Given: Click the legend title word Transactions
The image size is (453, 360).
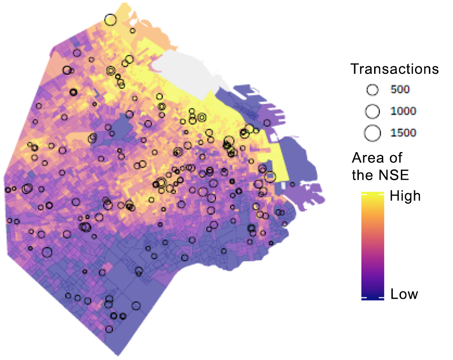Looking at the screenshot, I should (x=395, y=69).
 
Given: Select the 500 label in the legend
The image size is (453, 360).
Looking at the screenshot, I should (x=400, y=90).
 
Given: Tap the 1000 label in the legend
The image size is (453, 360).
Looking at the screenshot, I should (x=403, y=111).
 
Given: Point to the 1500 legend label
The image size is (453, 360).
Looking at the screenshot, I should (x=403, y=133).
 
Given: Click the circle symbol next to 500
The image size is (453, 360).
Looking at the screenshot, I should (x=372, y=90).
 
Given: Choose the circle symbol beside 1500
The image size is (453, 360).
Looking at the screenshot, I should (x=372, y=133).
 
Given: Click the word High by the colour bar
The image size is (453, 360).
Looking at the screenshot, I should (x=405, y=196).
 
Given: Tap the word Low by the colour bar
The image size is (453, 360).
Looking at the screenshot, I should (x=404, y=294).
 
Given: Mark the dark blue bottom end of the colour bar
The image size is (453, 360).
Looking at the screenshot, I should (x=372, y=297).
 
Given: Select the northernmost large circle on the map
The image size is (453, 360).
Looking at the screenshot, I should (x=110, y=20).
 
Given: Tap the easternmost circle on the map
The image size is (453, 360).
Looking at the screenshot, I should (x=292, y=184).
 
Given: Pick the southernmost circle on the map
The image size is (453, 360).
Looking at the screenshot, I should (x=109, y=329).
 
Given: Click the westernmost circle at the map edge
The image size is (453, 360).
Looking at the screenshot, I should (x=7, y=190).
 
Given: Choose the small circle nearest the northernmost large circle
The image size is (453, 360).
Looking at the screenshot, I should (x=132, y=31).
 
